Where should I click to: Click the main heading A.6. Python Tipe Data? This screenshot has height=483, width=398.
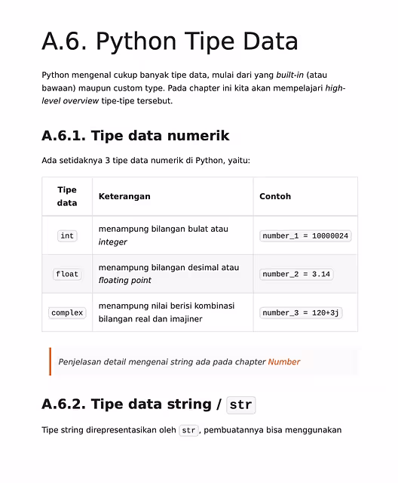tap(170, 41)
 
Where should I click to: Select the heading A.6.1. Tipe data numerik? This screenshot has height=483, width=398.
tap(135, 136)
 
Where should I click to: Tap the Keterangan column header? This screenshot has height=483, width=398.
tap(124, 196)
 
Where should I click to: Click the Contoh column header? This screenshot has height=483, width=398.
tap(275, 196)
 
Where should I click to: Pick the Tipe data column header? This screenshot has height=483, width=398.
tap(67, 196)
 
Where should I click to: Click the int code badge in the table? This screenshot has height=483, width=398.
tap(67, 235)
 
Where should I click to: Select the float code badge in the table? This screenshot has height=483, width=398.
tap(67, 274)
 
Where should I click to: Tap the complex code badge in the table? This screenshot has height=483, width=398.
tap(67, 312)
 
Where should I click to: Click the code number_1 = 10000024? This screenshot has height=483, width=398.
tap(305, 235)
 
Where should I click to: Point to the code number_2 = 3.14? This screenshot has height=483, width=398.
tap(296, 274)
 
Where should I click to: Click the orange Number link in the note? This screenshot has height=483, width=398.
tap(283, 361)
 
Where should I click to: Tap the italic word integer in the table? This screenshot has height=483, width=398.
tap(113, 242)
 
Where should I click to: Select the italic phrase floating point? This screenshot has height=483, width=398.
tap(125, 281)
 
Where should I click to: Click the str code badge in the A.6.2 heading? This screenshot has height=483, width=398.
tap(240, 405)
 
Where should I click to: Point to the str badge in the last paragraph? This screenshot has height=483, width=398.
tap(188, 431)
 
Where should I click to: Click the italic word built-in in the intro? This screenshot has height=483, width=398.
tap(289, 75)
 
